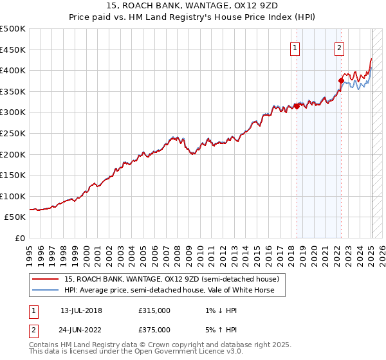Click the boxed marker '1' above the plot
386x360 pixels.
(x=295, y=47)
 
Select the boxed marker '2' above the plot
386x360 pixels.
(x=339, y=47)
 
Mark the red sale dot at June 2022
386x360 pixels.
(x=341, y=80)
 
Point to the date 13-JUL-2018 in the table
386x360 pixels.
(x=81, y=310)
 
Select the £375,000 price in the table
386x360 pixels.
(x=154, y=330)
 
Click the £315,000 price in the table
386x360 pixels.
(x=154, y=310)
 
